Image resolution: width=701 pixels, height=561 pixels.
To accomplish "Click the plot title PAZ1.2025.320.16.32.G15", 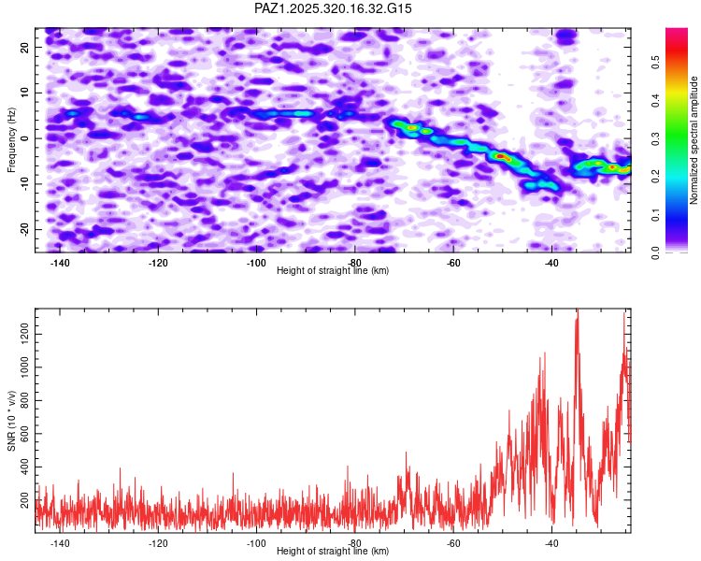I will [x=334, y=9].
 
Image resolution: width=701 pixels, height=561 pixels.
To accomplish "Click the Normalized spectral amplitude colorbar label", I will [x=694, y=140].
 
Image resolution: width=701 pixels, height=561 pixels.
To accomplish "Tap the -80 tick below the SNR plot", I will [x=354, y=543].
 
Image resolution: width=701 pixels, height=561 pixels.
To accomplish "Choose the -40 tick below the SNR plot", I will [x=551, y=543].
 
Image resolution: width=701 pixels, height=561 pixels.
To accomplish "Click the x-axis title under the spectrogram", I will [x=334, y=271].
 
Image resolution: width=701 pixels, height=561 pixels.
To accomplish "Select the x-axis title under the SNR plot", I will [x=334, y=552].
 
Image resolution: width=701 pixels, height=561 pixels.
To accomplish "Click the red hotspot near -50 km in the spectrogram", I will [x=502, y=156].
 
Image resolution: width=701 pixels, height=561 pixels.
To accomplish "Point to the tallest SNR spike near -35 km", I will [x=577, y=311].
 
